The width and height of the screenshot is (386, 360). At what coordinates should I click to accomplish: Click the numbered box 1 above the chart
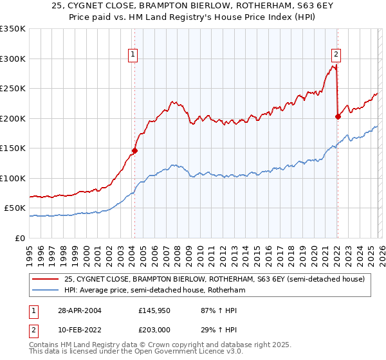pyautogui.click(x=133, y=55)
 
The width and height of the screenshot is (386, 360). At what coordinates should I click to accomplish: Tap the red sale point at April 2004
pyautogui.click(x=134, y=151)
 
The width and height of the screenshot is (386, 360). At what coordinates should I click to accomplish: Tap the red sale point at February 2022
pyautogui.click(x=338, y=117)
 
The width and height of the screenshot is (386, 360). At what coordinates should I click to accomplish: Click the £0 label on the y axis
pyautogui.click(x=20, y=238)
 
